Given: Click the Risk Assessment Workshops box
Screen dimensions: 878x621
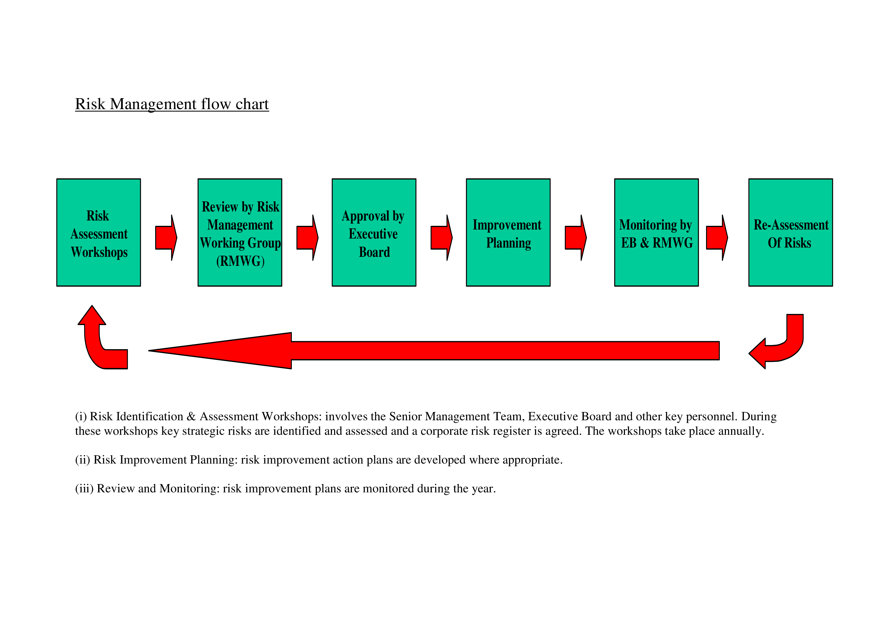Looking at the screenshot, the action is pyautogui.click(x=99, y=233).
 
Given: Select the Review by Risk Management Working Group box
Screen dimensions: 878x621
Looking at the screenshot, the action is pyautogui.click(x=240, y=233).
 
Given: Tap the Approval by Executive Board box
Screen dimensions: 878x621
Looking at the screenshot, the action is pyautogui.click(x=374, y=233).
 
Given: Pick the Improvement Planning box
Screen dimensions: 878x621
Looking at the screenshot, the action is pyautogui.click(x=508, y=233).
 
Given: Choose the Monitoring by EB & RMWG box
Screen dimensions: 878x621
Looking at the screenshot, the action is pyautogui.click(x=656, y=233).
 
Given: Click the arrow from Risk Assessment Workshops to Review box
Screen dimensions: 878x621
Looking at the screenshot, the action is pyautogui.click(x=166, y=238).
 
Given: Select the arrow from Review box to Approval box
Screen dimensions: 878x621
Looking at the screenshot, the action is pyautogui.click(x=307, y=238).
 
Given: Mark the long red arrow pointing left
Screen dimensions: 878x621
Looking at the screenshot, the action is pyautogui.click(x=434, y=351).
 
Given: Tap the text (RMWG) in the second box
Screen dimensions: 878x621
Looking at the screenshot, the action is pyautogui.click(x=241, y=261).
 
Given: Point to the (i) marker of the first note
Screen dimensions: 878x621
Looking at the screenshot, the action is pyautogui.click(x=81, y=417).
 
